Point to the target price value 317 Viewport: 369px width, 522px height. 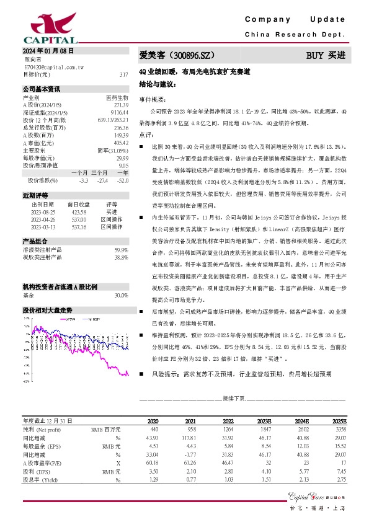coord(123,74)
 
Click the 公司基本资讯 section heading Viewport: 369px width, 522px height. coord(42,89)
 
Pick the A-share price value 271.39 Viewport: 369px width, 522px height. coord(120,105)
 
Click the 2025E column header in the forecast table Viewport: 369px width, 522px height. coord(339,420)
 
